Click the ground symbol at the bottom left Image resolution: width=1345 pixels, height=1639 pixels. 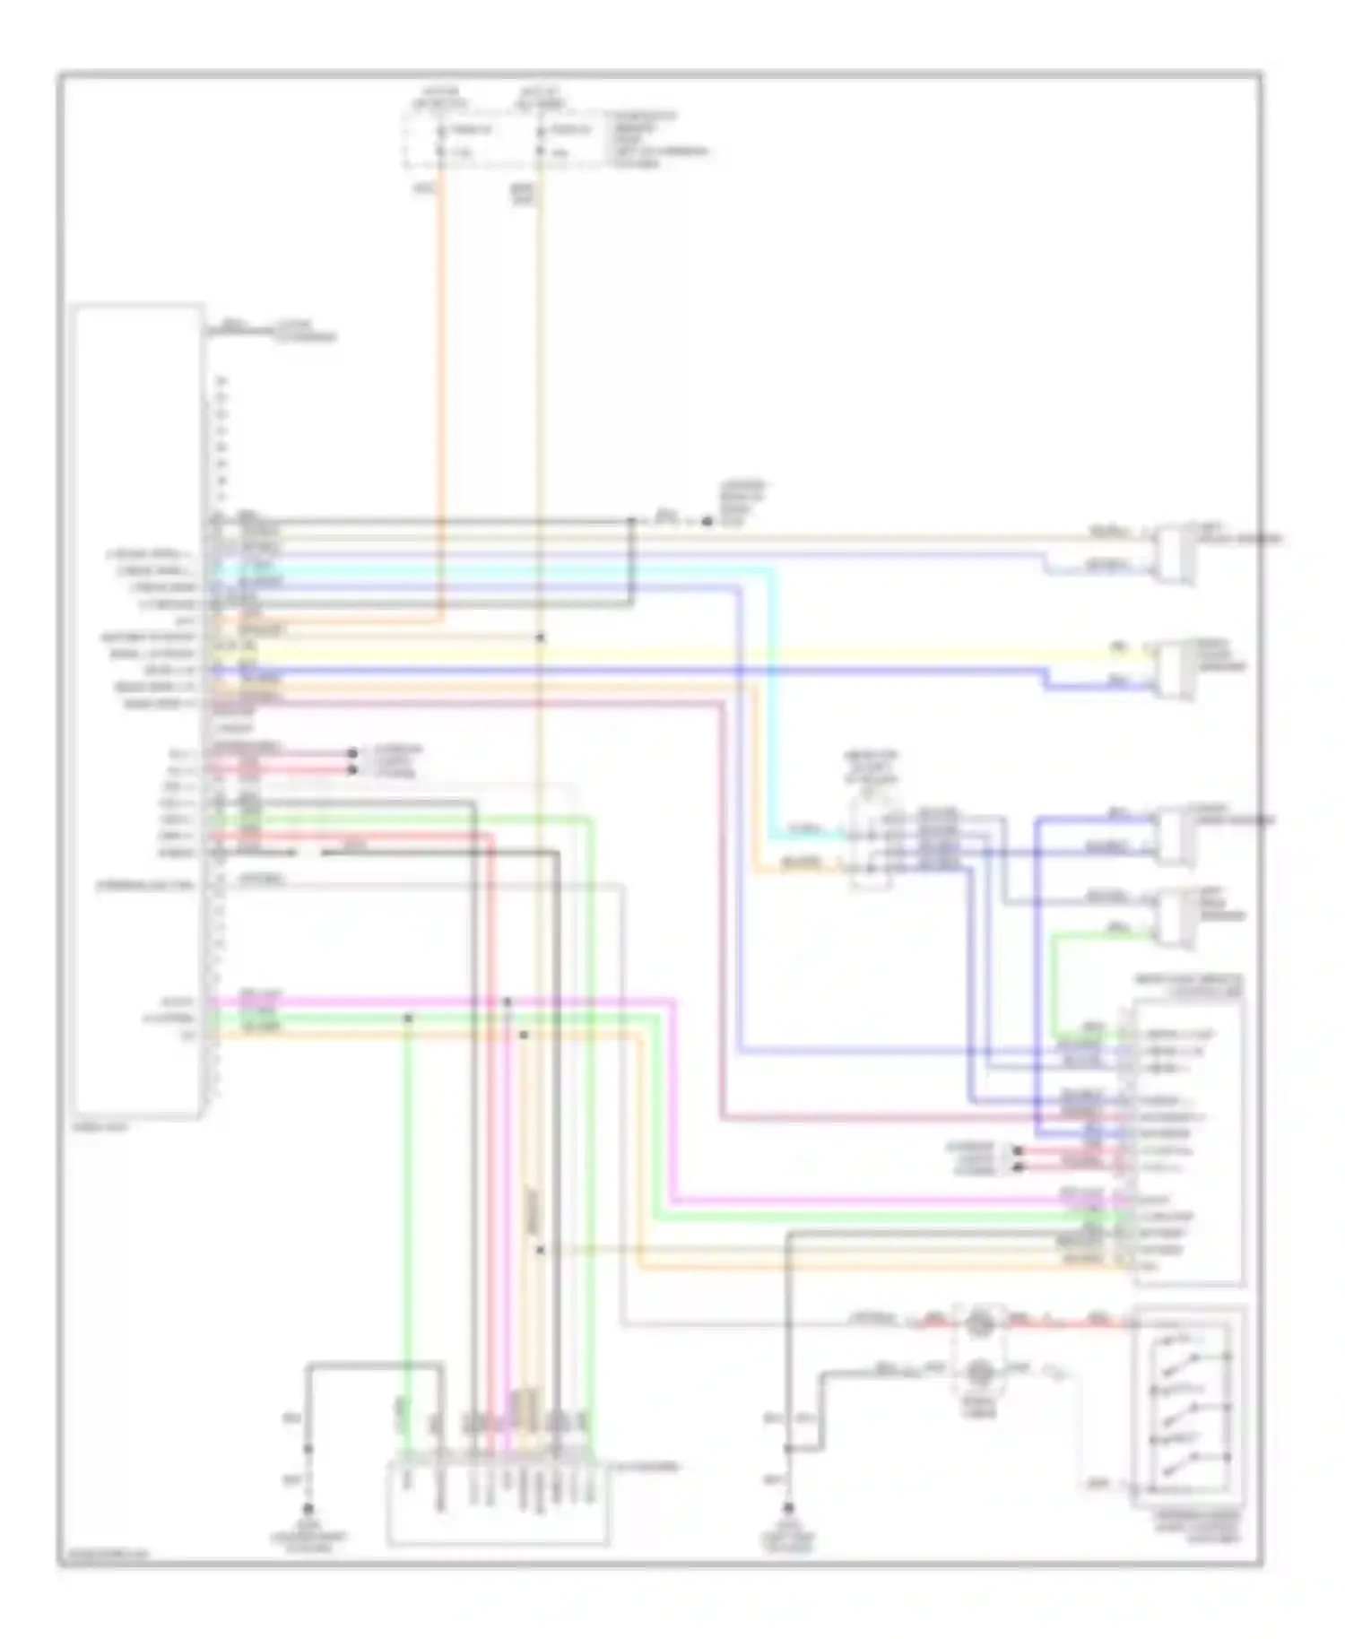308,1509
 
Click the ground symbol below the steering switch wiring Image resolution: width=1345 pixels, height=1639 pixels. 788,1509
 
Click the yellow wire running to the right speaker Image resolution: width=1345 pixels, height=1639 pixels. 717,655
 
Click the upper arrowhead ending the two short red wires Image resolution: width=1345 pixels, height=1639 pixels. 352,754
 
